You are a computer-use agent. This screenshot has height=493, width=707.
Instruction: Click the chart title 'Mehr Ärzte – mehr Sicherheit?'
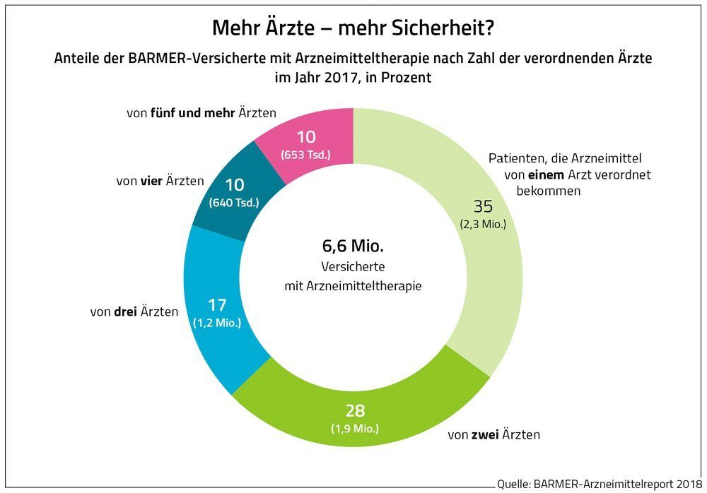point(353,30)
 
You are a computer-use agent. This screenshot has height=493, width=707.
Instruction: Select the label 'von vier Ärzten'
point(160,182)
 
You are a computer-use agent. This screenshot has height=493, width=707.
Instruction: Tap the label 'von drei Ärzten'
point(135,310)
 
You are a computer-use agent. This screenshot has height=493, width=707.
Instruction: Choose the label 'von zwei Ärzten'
point(493,434)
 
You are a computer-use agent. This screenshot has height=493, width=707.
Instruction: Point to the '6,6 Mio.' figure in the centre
point(353,248)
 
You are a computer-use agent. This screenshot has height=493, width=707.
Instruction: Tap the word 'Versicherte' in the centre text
point(353,268)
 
